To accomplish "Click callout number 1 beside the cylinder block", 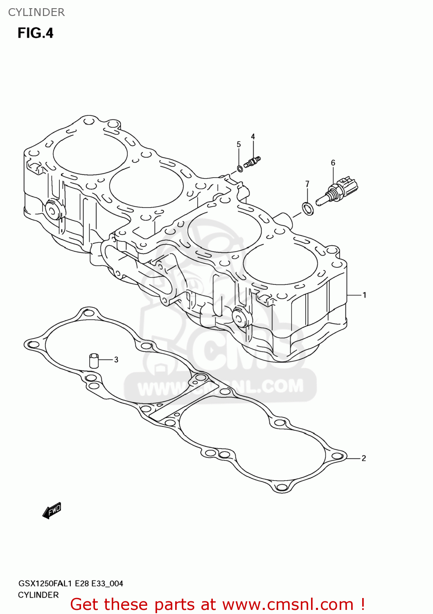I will [x=364, y=295].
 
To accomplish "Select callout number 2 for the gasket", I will [x=363, y=458].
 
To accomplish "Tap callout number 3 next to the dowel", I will [x=116, y=359].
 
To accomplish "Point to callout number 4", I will [x=253, y=137].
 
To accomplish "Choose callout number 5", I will [x=239, y=144].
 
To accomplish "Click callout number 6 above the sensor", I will [x=333, y=163].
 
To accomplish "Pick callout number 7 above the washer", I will [x=307, y=184].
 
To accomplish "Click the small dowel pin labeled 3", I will [x=94, y=360].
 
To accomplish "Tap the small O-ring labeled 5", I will [x=240, y=168].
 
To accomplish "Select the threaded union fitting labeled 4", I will [x=252, y=162].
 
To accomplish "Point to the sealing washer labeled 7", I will [x=308, y=208].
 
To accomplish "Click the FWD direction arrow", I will [x=52, y=510].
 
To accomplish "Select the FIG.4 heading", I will [x=36, y=33].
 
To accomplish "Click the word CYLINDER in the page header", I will [x=36, y=12].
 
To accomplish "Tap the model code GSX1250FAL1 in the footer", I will [x=45, y=583].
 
